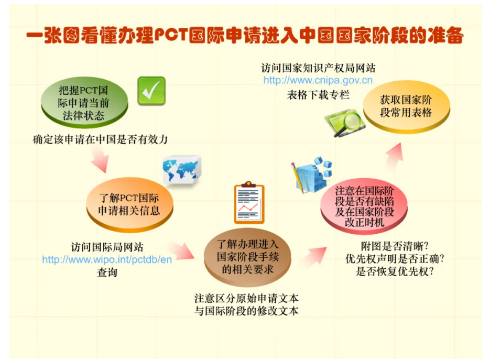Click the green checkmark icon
pos(151,91)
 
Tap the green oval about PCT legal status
pos(84,103)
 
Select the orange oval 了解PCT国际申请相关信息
pos(129,205)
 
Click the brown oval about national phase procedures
pos(247,258)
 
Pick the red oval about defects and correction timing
pos(364,206)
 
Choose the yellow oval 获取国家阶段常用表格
pos(406,107)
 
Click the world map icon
pos(181,170)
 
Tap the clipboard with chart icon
pos(249,202)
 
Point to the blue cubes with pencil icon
pos(311,175)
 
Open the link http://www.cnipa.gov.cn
pos(318,80)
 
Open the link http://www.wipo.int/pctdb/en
pos(107,260)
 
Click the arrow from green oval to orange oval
pos(100,159)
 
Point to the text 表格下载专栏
pos(318,95)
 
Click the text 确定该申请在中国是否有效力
pos(100,139)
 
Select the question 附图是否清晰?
pos(395,246)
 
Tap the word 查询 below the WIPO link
pos(107,272)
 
